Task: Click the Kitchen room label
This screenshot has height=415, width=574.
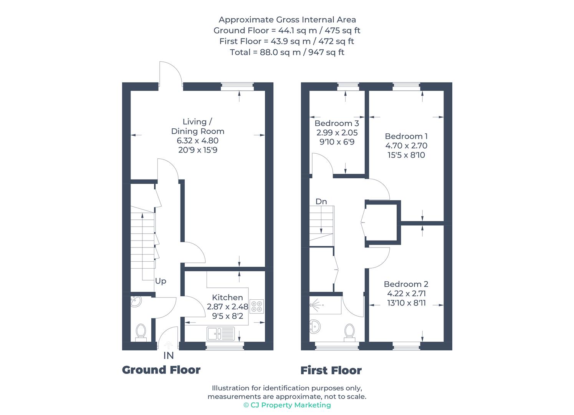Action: coord(227,297)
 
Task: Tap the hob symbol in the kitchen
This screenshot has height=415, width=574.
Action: coord(256,306)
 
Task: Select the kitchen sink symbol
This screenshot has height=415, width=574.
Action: coord(220,333)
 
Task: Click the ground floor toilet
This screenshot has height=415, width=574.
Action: coord(141,332)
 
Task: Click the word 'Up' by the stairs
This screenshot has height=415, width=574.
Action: coord(160,281)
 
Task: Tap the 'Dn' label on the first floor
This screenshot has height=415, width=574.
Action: coord(321,201)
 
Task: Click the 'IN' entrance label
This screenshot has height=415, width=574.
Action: coord(169,356)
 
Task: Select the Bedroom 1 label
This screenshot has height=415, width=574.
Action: coord(406,136)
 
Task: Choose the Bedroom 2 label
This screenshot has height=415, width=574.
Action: coord(406,284)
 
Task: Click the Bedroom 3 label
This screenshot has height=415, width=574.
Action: coord(337,123)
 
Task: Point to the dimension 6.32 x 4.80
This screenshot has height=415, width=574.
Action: coord(198,141)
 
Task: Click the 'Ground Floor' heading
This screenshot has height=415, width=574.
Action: coord(161,370)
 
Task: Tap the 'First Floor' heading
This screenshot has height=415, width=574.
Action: coord(331,370)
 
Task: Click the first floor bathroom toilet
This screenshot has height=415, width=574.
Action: coord(349,332)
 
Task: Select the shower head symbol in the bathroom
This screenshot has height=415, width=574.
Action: coord(315,304)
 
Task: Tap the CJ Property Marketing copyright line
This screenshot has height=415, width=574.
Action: coord(287,405)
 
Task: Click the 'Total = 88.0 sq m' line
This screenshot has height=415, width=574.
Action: coord(287,52)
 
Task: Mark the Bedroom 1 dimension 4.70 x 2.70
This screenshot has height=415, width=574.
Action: coord(406,146)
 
